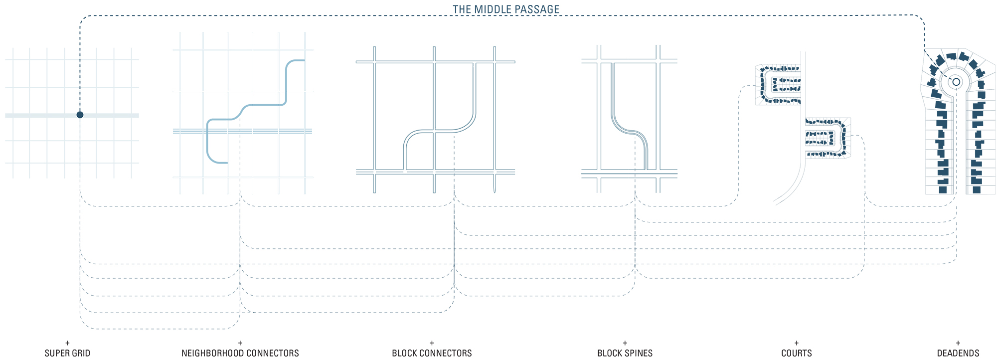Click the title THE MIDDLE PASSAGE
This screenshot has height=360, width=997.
[x=506, y=9]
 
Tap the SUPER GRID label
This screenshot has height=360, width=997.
[x=67, y=353]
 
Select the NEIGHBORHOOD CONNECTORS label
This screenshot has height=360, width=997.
[x=240, y=353]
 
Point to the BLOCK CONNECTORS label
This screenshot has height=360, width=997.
[x=432, y=353]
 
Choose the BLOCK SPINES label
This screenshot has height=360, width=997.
[x=625, y=353]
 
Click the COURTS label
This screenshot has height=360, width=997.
[x=797, y=353]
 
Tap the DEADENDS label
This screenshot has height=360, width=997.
[x=958, y=353]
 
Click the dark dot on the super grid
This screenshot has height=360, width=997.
[x=80, y=115]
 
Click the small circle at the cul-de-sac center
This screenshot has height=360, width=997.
[x=956, y=82]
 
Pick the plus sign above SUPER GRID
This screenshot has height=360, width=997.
[x=67, y=343]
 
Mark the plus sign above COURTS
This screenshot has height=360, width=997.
[x=797, y=343]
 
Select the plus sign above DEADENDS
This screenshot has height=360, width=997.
[x=958, y=343]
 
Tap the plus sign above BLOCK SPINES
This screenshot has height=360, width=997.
[x=625, y=343]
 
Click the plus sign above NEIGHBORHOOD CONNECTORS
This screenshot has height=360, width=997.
[x=240, y=343]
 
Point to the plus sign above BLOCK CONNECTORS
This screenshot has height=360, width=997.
[x=432, y=343]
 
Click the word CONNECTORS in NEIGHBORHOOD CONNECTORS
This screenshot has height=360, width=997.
[x=272, y=353]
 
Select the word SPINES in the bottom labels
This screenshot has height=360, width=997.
[x=639, y=353]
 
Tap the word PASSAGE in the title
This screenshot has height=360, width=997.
[x=541, y=9]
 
